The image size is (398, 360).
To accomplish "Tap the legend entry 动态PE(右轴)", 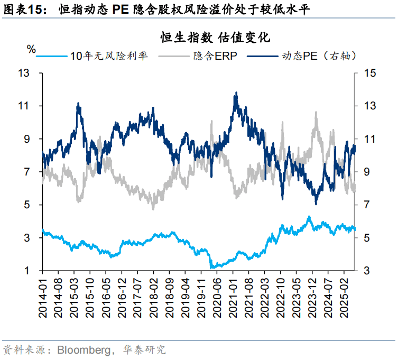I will click(x=312, y=56).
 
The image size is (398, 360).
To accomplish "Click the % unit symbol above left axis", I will click(x=31, y=49).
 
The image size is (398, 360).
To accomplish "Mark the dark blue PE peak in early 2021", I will click(x=236, y=93).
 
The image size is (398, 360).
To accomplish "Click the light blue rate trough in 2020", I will click(x=212, y=267).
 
